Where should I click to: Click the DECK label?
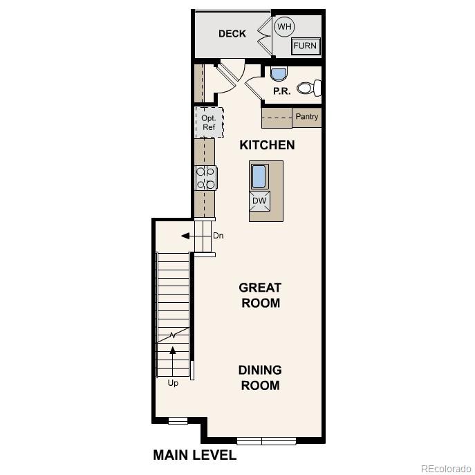[x=232, y=34]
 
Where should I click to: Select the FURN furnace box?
[x=305, y=46]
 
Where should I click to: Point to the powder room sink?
[x=278, y=74]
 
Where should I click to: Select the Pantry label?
[x=307, y=117]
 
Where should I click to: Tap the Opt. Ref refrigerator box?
[x=209, y=122]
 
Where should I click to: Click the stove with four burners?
[x=206, y=178]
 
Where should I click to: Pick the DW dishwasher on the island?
[x=260, y=201]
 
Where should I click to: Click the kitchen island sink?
[x=260, y=176]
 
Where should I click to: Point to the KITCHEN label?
[x=267, y=145]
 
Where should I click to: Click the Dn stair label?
[x=218, y=236]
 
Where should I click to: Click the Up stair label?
[x=173, y=383]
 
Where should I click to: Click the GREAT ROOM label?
[x=260, y=295]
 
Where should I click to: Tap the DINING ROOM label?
[x=260, y=378]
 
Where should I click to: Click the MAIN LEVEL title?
[x=194, y=455]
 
